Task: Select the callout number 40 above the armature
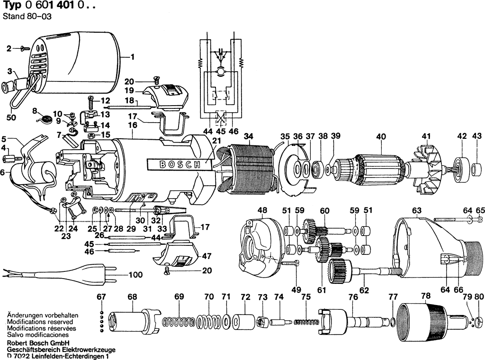[381, 136]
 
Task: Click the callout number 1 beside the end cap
[133, 57]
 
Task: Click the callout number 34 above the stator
[248, 136]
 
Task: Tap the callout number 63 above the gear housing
[417, 211]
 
